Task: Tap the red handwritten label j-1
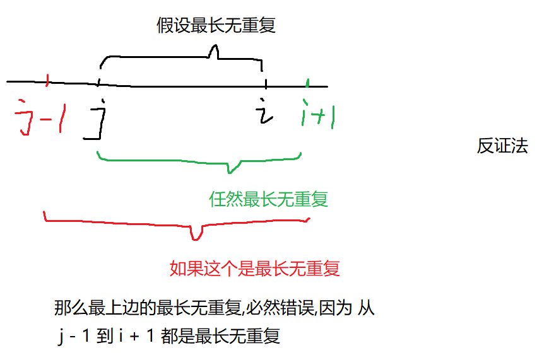tap(40, 115)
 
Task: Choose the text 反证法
tap(502, 147)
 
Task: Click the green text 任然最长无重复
tap(268, 200)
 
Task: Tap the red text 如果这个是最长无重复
tap(255, 269)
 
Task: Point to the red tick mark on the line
tap(48, 79)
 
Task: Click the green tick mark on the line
tap(307, 83)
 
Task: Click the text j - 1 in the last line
tap(74, 337)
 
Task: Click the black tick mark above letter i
tap(266, 83)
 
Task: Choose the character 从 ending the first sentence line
tap(367, 309)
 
